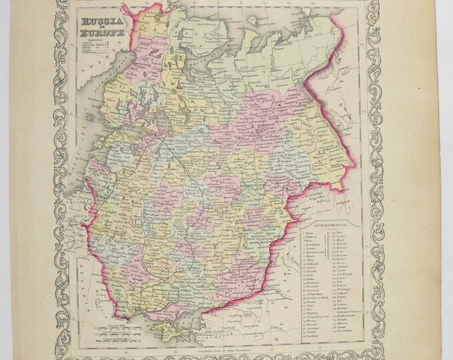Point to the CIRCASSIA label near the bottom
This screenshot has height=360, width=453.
tap(256, 333)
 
